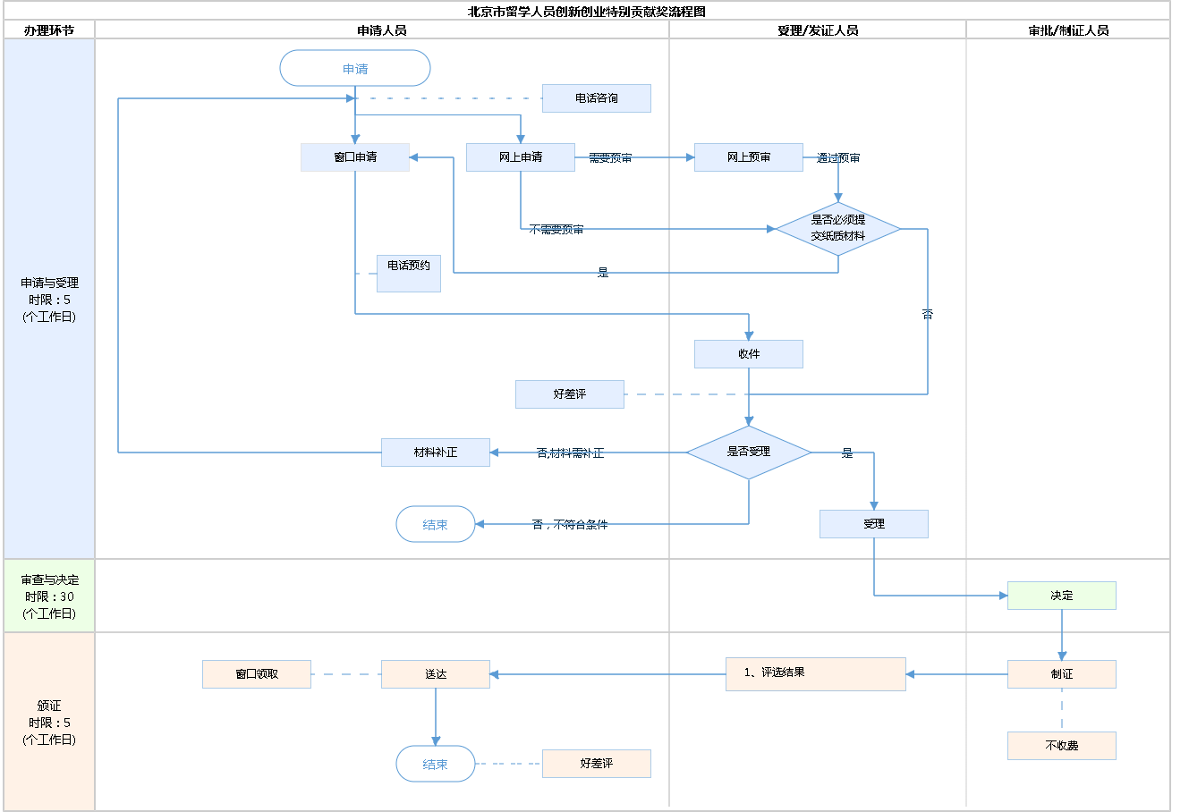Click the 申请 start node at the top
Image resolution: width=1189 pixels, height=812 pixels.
point(355,69)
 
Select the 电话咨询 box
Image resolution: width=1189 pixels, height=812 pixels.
point(596,98)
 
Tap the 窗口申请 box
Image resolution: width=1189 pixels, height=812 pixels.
point(355,157)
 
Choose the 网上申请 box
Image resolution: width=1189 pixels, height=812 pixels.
point(521,157)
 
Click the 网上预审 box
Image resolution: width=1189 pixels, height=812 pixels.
point(749,157)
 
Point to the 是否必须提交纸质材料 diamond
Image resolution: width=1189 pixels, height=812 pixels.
point(838,229)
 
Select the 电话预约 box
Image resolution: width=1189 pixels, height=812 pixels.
point(409,274)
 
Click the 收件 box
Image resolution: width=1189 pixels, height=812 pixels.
point(749,354)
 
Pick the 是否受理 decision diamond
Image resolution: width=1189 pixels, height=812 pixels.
point(749,453)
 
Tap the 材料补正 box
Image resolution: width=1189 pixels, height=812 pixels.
point(436,453)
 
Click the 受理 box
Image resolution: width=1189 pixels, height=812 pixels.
point(874,524)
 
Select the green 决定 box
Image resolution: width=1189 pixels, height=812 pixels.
point(1062,596)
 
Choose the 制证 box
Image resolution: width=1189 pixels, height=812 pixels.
point(1062,674)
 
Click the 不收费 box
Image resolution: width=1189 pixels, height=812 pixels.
point(1062,746)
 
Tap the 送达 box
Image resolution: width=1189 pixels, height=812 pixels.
point(436,674)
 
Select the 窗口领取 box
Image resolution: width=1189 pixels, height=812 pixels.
point(257,674)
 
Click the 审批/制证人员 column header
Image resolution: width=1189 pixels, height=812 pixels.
point(1068,30)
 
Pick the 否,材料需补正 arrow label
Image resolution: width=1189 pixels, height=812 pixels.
point(570,453)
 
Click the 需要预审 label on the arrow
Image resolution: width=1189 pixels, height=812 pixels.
point(610,158)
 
